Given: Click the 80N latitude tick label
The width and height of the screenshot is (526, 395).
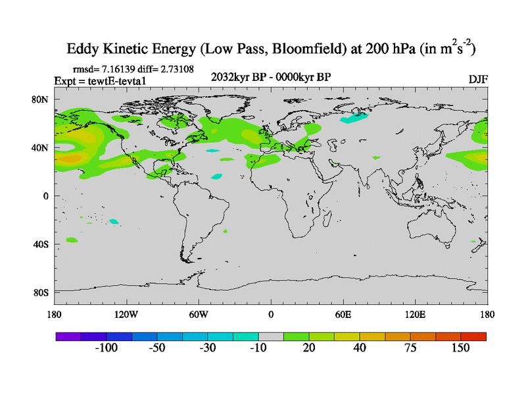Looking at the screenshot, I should coord(41,99).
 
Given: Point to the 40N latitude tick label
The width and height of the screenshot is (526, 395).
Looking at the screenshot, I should coord(41,147).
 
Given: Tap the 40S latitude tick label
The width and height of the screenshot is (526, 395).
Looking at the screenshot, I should coord(41,244).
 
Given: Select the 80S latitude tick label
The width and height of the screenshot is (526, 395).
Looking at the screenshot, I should coord(41,292).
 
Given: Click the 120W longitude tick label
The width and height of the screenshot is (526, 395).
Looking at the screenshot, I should coord(126,314).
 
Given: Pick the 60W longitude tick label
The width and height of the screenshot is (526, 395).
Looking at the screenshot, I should coord(199,314).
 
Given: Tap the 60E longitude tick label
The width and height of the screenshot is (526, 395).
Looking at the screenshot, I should coord(343,314).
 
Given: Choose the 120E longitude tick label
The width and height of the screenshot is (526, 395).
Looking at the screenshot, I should coord(416,314).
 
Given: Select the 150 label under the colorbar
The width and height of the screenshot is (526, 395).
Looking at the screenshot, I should coord(460,348).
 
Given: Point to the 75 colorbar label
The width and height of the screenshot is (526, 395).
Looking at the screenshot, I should coord(410,348).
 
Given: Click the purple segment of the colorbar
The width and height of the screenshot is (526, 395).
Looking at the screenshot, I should coord(67,336).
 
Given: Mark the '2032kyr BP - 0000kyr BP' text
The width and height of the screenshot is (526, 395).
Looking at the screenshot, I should coord(270,77).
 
